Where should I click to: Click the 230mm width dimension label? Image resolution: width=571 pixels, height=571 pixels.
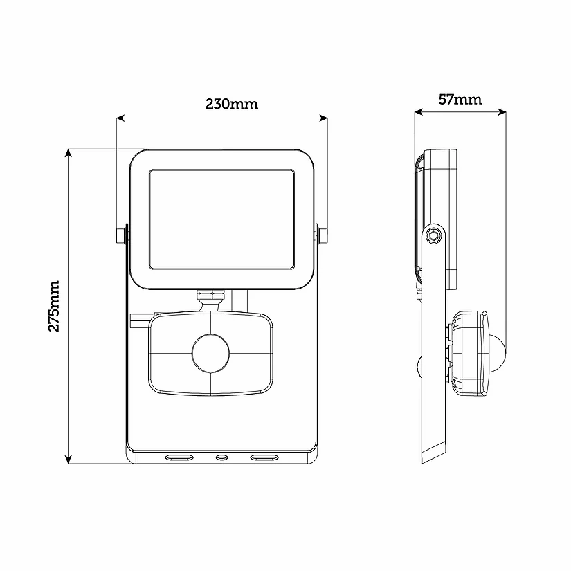232,104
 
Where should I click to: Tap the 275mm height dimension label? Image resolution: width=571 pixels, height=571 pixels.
54,306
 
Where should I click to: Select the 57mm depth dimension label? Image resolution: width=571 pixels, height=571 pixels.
460,100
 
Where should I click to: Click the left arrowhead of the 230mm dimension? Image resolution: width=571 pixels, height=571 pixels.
120,118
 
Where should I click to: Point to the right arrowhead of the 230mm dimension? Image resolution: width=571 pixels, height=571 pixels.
323,118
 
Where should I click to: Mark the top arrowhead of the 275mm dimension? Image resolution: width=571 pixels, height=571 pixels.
68,153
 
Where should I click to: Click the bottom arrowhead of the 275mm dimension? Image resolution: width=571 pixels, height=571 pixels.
68,460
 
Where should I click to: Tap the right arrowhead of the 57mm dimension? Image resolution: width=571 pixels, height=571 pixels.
502,112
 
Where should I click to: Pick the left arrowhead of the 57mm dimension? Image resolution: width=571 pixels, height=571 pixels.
419,112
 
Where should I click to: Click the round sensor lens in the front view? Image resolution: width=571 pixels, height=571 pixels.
210,353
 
